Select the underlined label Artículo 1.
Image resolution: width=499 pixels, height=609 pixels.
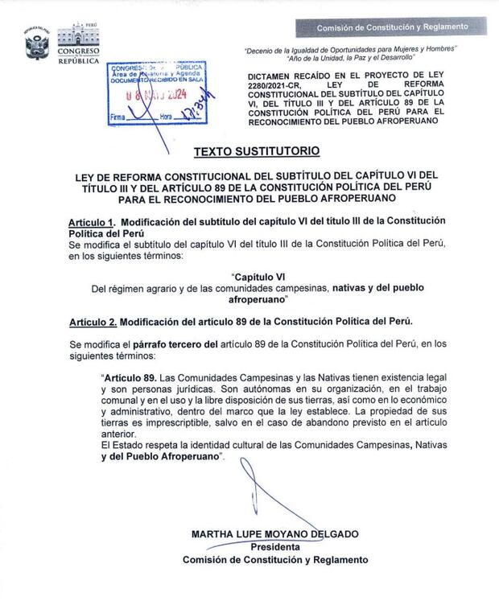point(90,220)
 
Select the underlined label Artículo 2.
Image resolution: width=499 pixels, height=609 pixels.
point(91,322)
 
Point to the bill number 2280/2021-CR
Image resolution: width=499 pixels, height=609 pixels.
point(274,84)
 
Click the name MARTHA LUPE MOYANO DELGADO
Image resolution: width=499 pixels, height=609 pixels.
point(274,534)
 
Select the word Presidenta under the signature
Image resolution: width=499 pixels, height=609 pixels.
point(274,547)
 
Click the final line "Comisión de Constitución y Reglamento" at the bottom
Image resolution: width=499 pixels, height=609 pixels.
point(275,560)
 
